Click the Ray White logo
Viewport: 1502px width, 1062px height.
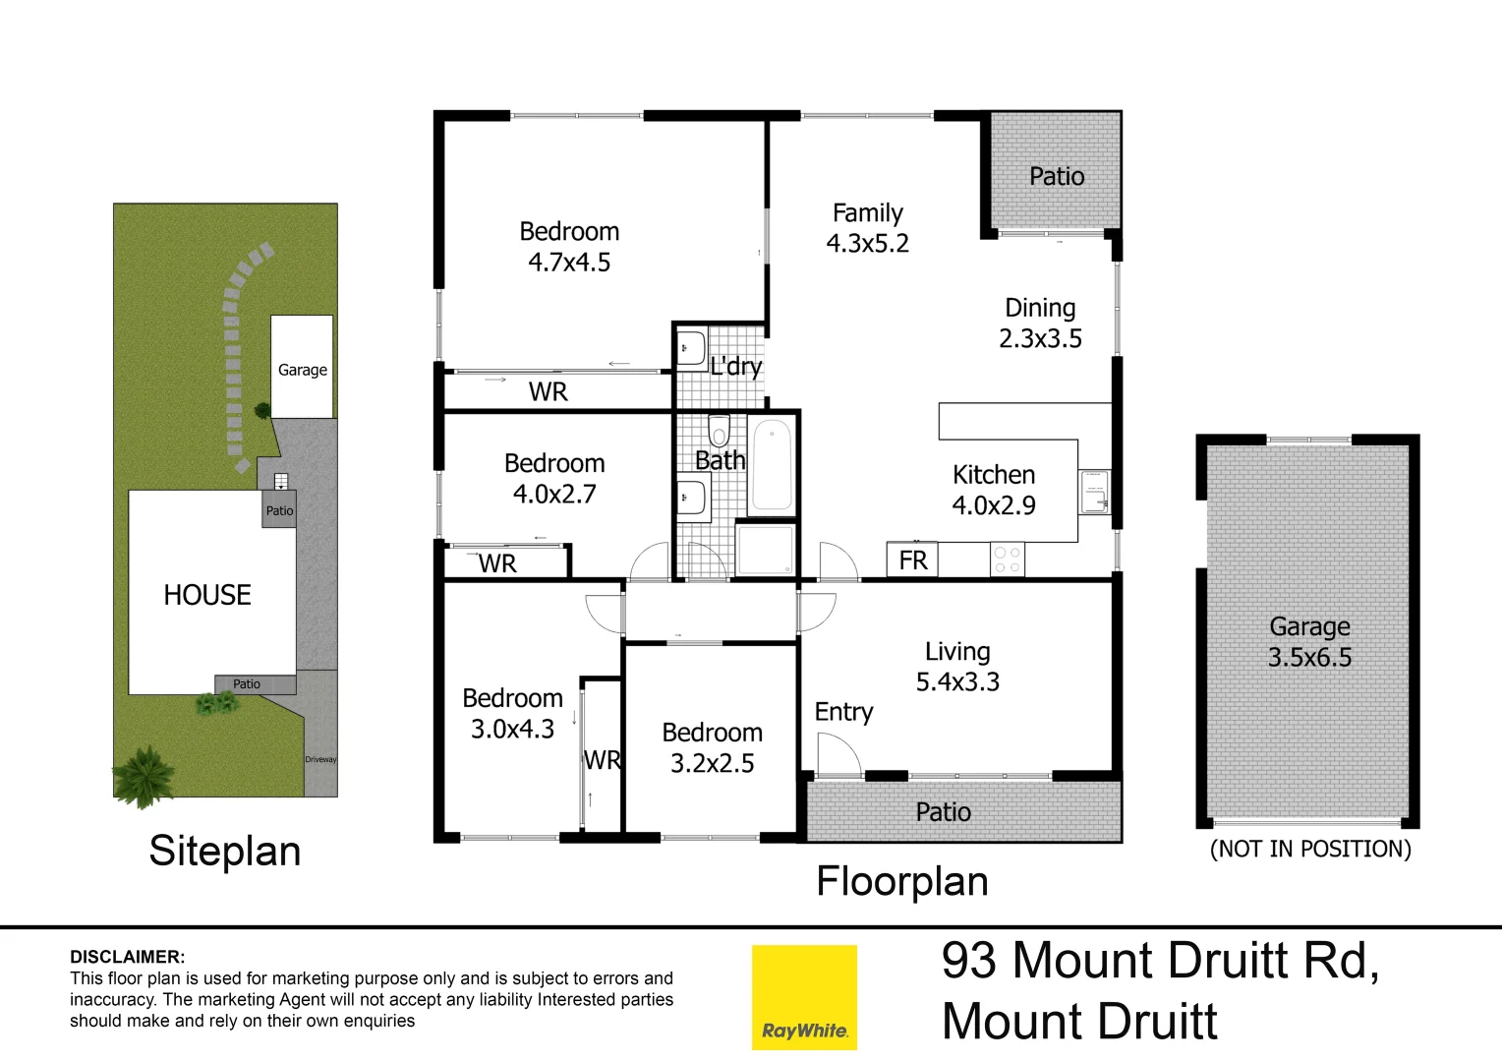click(804, 997)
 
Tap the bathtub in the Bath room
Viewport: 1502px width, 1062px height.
click(772, 464)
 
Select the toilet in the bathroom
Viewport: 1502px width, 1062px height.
click(719, 431)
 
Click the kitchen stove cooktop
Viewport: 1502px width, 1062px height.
click(1007, 560)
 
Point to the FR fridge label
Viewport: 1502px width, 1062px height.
click(913, 560)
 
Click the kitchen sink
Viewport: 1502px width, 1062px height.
click(1094, 492)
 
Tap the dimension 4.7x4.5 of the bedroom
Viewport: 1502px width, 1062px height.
click(569, 263)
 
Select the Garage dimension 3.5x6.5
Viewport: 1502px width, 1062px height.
click(1309, 658)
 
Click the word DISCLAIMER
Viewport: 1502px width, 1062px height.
click(127, 957)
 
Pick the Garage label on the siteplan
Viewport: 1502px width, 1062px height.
click(302, 370)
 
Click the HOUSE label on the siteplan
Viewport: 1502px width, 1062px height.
click(207, 595)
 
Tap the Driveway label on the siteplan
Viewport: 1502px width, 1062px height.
click(320, 759)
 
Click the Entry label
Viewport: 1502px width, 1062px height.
click(843, 712)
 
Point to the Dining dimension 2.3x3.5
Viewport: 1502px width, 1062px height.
click(1040, 339)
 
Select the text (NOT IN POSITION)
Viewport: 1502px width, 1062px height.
click(1310, 849)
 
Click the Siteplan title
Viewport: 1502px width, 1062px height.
click(225, 851)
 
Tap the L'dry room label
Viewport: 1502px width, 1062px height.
click(736, 367)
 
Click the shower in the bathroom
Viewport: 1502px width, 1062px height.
click(766, 549)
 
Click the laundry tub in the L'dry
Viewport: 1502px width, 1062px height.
click(691, 348)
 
